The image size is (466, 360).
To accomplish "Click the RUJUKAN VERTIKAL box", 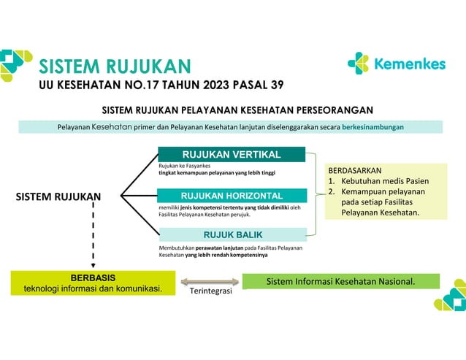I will tap(232, 155).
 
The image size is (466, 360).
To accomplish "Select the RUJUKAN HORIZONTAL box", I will tap(232, 196).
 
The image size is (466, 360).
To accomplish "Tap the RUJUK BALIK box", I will tap(232, 234).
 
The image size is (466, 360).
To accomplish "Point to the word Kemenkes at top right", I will tap(409, 64).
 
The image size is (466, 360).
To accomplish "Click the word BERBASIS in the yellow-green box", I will tap(92, 277).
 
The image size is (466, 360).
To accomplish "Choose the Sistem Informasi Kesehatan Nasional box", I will tap(340, 281).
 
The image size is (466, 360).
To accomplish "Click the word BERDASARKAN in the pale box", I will tap(355, 169).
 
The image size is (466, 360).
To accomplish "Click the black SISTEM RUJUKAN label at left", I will tap(58, 196).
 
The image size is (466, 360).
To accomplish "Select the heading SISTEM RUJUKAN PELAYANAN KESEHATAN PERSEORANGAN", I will tap(238, 110).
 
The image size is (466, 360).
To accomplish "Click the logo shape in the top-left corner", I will tap(16, 64).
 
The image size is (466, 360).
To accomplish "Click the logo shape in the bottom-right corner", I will tap(448, 295).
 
